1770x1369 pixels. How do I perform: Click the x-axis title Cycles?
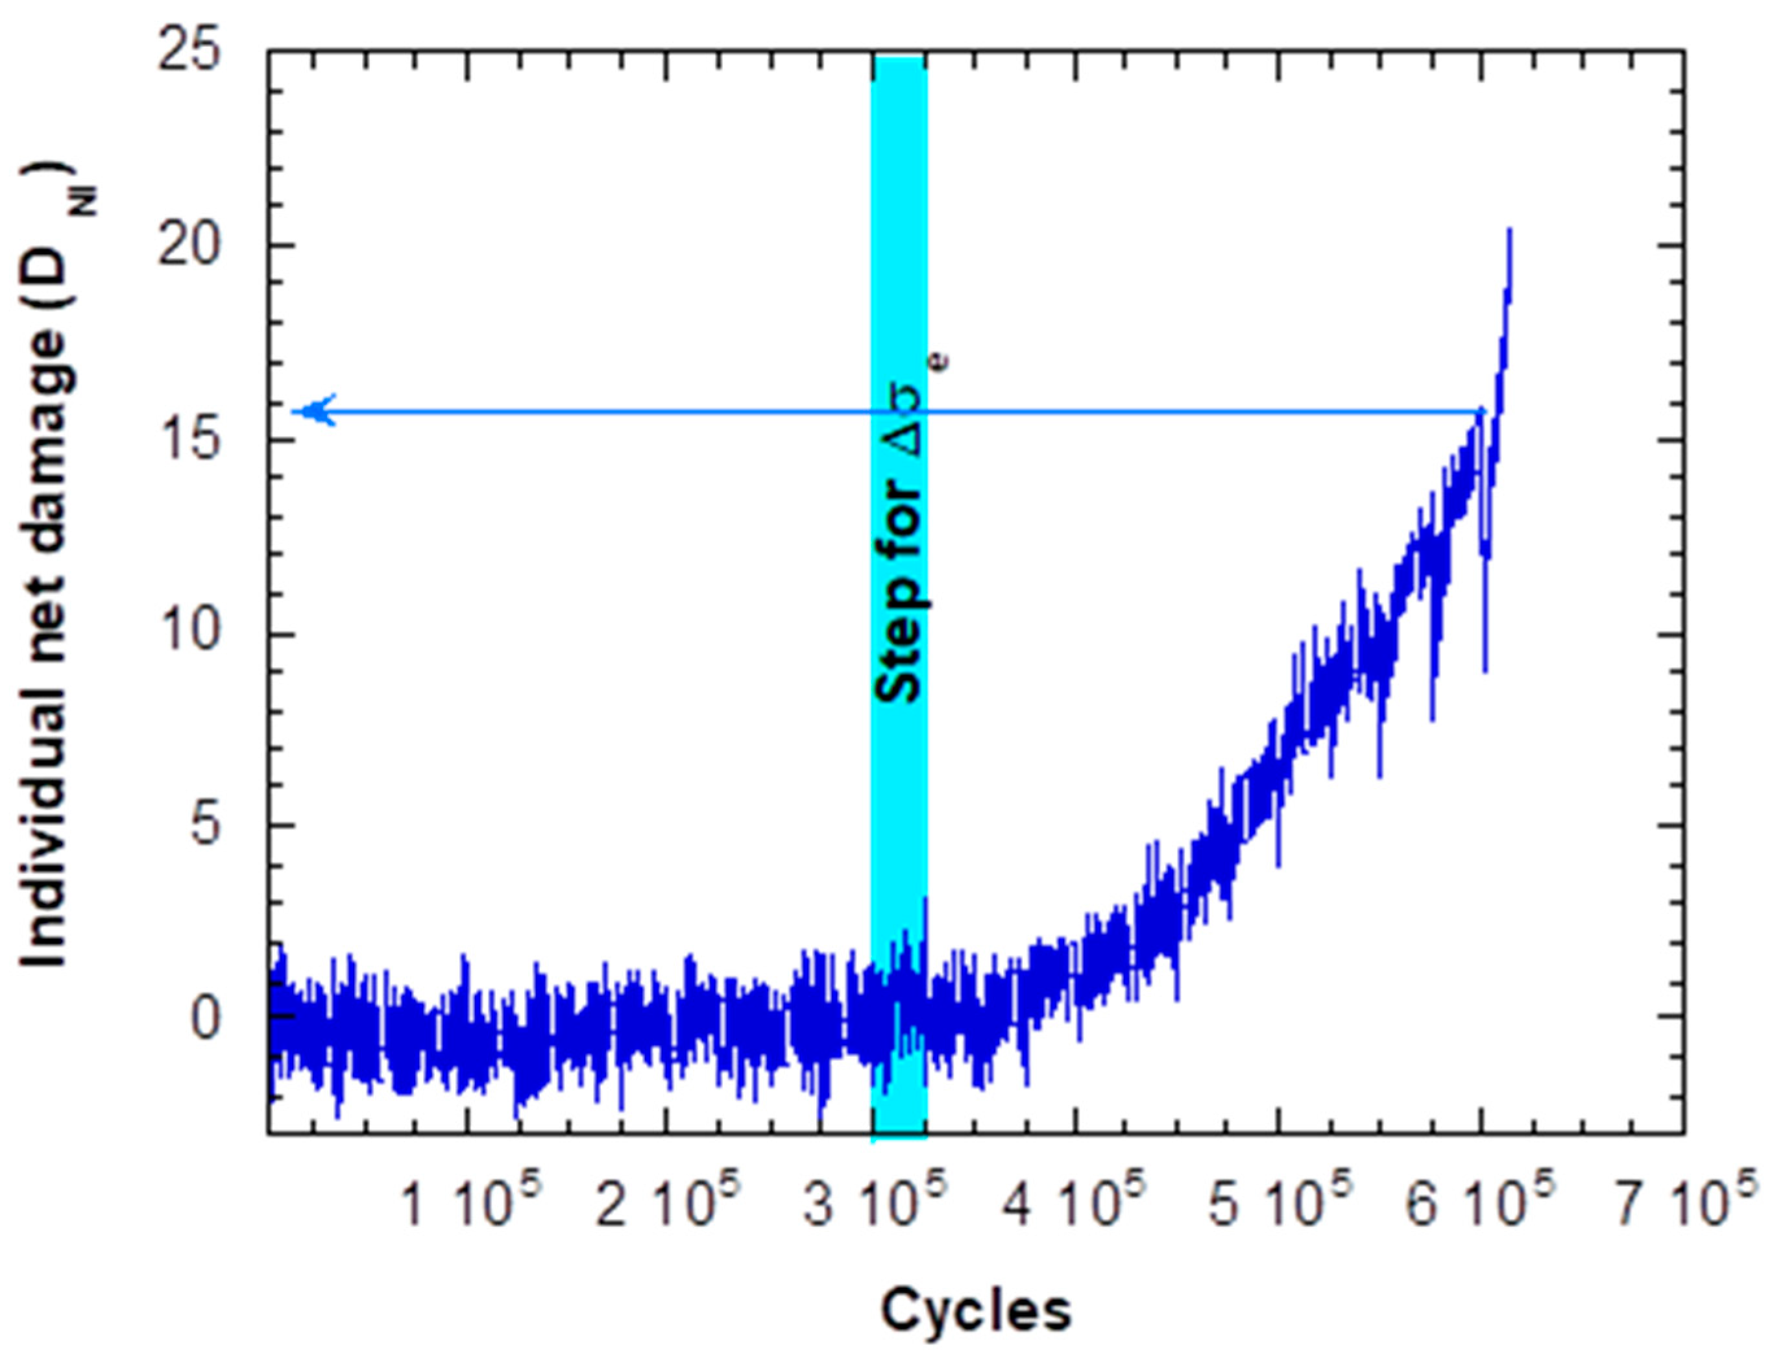click(976, 1311)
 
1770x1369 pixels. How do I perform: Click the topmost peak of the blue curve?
click(1509, 230)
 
